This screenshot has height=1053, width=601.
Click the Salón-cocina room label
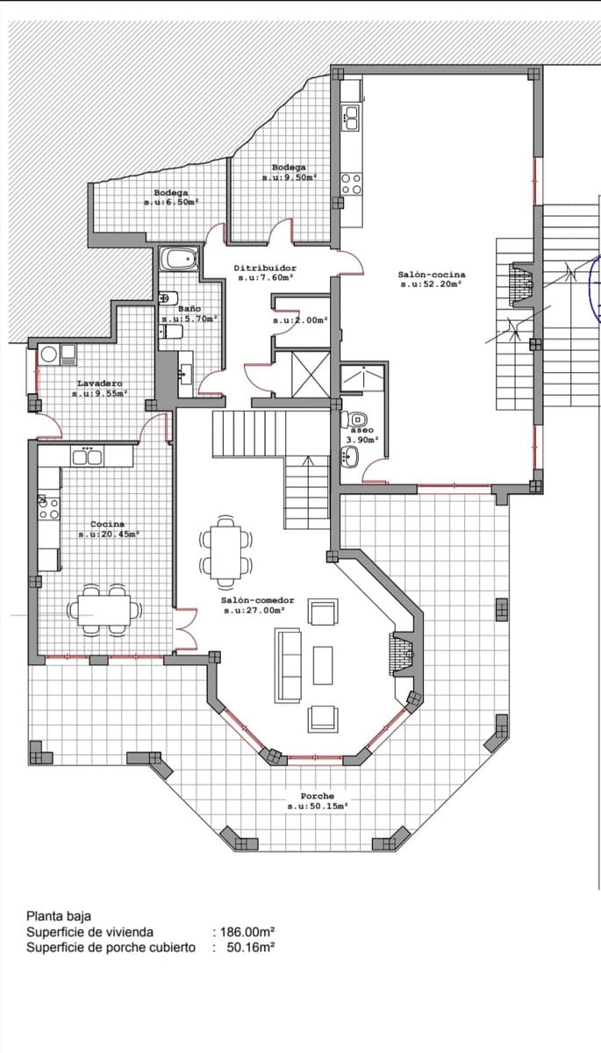click(432, 275)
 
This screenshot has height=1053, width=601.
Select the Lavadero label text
click(100, 383)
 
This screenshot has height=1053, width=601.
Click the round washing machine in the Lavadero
click(49, 355)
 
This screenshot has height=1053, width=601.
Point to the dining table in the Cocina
click(104, 610)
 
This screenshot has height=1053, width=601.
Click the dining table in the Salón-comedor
click(225, 552)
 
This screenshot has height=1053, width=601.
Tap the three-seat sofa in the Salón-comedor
click(288, 665)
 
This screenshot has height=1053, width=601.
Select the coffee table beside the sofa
click(323, 665)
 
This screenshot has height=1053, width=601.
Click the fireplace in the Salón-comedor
click(401, 654)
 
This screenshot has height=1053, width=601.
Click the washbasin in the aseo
click(350, 456)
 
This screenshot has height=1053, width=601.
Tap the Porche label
click(318, 796)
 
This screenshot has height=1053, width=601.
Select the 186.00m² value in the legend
click(247, 932)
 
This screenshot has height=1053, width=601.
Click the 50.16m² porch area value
click(250, 947)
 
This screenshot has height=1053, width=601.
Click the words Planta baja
click(59, 916)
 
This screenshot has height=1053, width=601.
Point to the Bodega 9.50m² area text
click(289, 177)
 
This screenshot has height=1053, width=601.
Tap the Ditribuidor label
click(265, 268)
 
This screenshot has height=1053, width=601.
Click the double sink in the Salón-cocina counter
click(352, 118)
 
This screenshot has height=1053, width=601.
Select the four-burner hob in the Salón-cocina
click(352, 183)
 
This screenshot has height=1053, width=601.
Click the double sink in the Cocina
click(87, 456)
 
